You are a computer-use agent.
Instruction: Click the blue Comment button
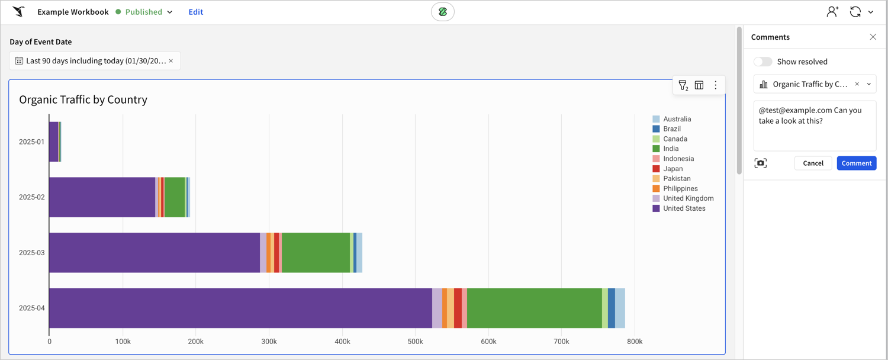click(856, 163)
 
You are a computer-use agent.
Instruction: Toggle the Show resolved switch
click(762, 62)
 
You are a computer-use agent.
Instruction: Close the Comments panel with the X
click(873, 37)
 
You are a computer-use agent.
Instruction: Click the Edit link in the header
click(195, 12)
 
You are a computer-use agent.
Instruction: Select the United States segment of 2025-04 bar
click(240, 308)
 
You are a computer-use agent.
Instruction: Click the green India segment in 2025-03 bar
click(316, 253)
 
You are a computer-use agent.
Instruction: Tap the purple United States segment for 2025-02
click(102, 197)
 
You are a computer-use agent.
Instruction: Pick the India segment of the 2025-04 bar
click(534, 308)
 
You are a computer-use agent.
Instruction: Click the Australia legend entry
click(677, 119)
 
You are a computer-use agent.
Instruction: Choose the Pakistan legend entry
click(677, 178)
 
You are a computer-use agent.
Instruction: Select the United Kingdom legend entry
click(688, 198)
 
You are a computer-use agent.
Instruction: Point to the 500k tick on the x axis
click(416, 342)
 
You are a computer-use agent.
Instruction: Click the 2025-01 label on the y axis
click(31, 142)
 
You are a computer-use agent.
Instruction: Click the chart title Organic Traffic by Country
click(83, 99)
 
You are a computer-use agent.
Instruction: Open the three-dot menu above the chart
click(715, 85)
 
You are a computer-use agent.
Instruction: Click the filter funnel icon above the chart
click(683, 85)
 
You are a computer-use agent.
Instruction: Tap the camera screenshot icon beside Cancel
click(761, 163)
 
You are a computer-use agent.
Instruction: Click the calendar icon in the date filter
click(19, 61)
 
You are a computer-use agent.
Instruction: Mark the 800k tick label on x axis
click(635, 342)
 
